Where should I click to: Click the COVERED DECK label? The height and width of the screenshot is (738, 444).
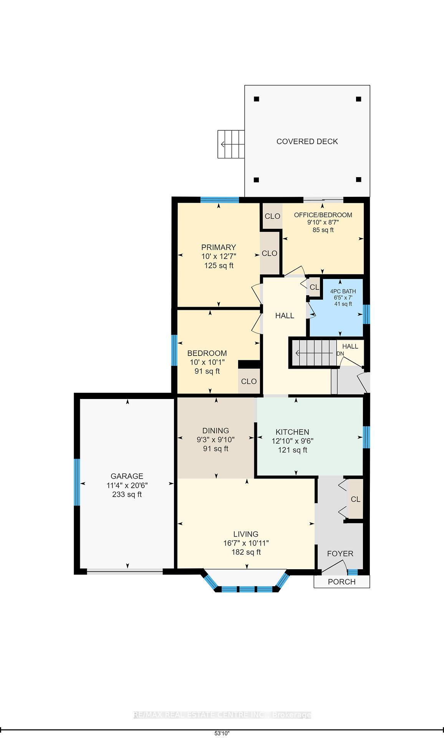coord(307,141)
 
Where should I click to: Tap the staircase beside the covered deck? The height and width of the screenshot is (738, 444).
coord(231,144)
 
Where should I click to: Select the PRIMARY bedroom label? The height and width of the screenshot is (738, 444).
coord(219,247)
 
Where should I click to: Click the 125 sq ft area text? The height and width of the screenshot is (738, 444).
coord(219,266)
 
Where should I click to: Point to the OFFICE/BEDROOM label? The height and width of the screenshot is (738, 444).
coord(323,215)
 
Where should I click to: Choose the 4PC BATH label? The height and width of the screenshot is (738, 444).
coord(343,291)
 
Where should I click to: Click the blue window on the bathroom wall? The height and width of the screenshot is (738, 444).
coord(366,314)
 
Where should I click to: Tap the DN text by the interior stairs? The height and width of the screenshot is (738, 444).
coord(340,354)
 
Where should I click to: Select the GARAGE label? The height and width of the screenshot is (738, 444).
coord(127,476)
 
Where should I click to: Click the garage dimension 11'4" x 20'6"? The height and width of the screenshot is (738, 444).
coord(127,485)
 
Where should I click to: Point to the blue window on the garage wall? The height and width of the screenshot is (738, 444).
coord(77,482)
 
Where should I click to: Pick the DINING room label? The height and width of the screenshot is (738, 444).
coord(215,430)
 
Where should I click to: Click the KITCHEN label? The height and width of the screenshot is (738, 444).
coord(292,432)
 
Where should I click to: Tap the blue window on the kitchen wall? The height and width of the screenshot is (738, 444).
coord(366,437)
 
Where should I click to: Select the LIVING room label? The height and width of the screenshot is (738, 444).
coord(246,534)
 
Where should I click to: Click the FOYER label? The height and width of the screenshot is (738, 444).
coord(340,553)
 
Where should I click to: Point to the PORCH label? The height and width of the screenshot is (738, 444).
coord(341,582)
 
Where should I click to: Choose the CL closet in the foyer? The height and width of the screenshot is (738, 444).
coord(355,499)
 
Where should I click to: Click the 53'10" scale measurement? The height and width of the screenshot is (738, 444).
coord(222,733)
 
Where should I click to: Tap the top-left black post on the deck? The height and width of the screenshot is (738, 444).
coord(257,99)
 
